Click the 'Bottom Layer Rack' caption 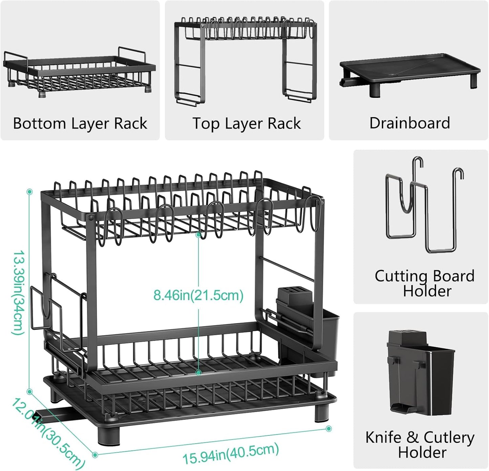(80, 124)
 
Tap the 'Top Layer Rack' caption (246, 124)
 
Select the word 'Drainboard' (409, 123)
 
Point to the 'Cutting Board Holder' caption (424, 283)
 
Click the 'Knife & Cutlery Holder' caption (420, 445)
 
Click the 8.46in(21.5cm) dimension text (198, 295)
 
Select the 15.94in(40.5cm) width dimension (230, 454)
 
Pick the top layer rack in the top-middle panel (246, 58)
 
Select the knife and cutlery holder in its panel (420, 372)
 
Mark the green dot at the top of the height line (30, 192)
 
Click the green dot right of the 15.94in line (328, 429)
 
